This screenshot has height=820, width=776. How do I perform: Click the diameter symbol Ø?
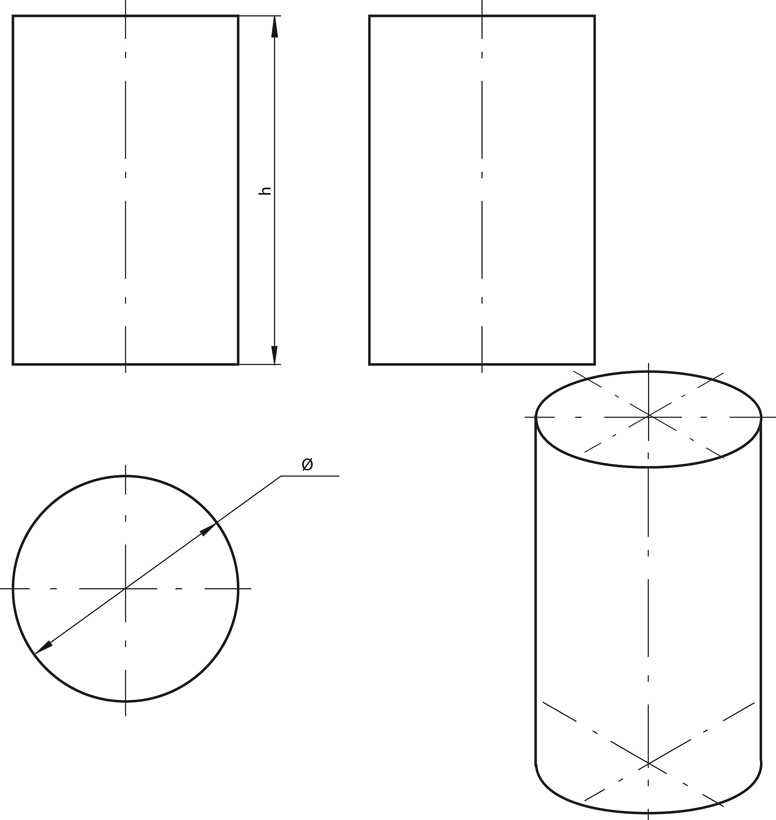[307, 464]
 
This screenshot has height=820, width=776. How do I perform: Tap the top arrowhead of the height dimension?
[274, 26]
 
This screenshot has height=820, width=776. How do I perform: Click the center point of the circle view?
[126, 588]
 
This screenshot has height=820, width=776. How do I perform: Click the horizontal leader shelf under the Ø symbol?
[310, 476]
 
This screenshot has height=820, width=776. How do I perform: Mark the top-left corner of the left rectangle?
[13, 16]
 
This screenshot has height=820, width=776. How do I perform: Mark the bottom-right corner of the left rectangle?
[238, 364]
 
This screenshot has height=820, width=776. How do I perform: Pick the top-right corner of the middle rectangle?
[594, 16]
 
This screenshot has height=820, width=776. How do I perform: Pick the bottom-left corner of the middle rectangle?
[369, 364]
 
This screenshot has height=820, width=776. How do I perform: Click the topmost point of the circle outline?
[126, 476]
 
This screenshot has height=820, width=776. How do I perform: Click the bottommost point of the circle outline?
[126, 701]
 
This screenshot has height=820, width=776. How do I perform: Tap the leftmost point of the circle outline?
[13, 588]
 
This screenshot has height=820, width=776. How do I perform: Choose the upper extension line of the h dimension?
[260, 16]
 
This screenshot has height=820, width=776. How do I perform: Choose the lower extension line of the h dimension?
[260, 365]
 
